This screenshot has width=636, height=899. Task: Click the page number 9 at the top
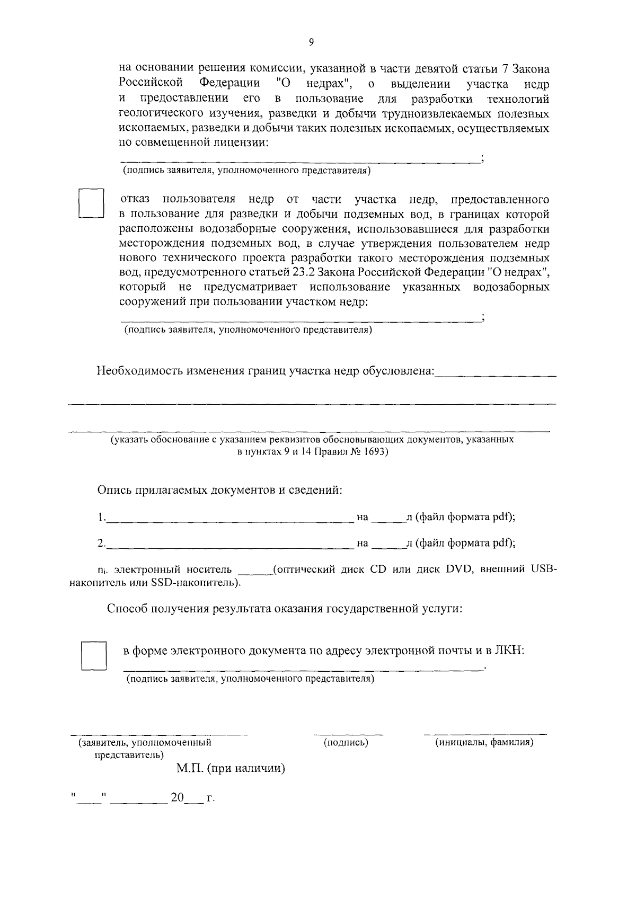[x=311, y=43]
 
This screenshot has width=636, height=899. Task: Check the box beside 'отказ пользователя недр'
[x=91, y=203]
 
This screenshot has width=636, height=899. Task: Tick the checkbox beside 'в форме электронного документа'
[x=94, y=656]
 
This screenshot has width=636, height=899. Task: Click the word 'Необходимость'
[x=139, y=371]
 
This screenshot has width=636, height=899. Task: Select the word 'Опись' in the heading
[x=113, y=490]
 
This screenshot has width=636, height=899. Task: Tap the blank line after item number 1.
[x=229, y=521]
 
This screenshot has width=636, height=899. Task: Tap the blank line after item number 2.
[x=229, y=547]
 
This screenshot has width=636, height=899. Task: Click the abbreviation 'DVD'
[x=458, y=569]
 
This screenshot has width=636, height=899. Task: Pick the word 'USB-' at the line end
[x=543, y=569]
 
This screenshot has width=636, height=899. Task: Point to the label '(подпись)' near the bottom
[x=346, y=743]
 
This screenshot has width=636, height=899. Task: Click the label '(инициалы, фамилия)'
[x=484, y=743]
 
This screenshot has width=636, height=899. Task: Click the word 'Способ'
[x=127, y=609]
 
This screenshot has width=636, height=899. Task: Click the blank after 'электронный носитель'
[x=255, y=573]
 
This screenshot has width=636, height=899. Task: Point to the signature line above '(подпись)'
[x=348, y=735]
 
